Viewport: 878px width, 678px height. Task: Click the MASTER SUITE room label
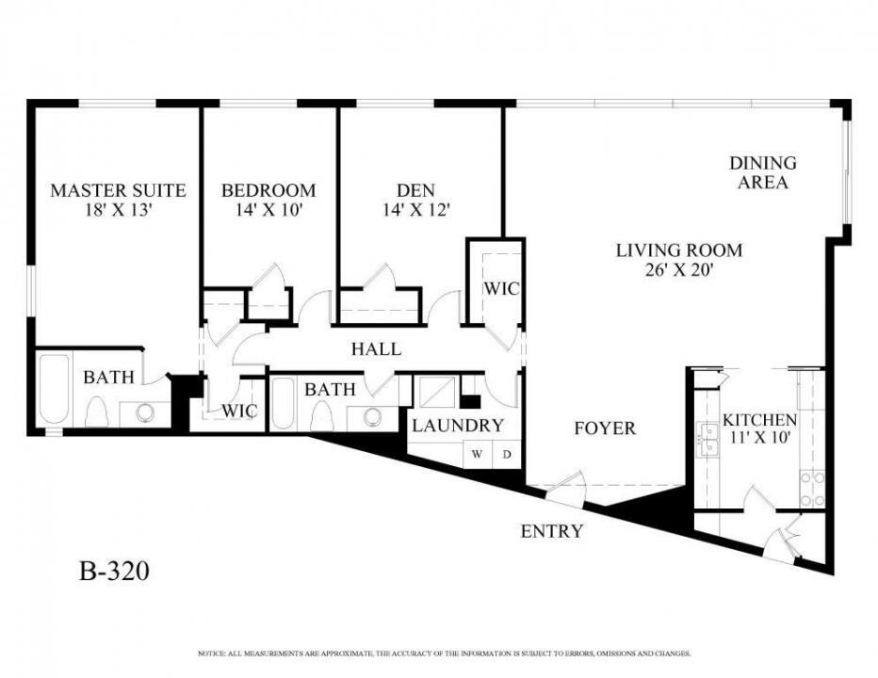(x=118, y=190)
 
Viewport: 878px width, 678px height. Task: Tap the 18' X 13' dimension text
(x=118, y=210)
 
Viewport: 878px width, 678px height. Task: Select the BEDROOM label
(x=268, y=190)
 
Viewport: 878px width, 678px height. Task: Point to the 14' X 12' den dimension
(x=415, y=210)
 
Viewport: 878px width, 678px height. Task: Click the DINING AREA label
(x=762, y=173)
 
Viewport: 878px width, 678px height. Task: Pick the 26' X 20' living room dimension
(x=678, y=271)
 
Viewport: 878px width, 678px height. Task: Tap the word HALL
(x=376, y=349)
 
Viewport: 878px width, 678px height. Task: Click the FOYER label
(x=605, y=428)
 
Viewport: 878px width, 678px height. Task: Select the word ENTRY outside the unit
(x=552, y=531)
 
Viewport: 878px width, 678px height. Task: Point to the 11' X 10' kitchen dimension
(x=759, y=438)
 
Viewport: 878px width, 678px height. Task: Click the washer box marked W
(x=477, y=454)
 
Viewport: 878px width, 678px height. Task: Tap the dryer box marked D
(x=506, y=454)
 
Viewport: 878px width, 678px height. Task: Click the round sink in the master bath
(x=144, y=412)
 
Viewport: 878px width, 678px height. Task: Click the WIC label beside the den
(x=501, y=288)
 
